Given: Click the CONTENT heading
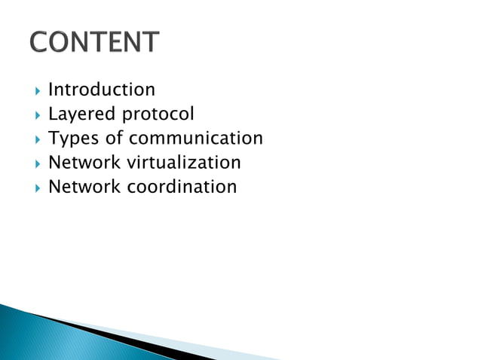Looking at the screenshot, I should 95,42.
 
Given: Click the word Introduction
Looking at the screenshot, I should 102,90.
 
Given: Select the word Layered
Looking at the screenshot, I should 78,114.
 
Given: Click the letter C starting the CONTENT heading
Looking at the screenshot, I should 38,42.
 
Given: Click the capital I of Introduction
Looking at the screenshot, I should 51,90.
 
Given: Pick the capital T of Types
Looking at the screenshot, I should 53,139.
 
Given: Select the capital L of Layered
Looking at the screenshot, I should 52,114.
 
